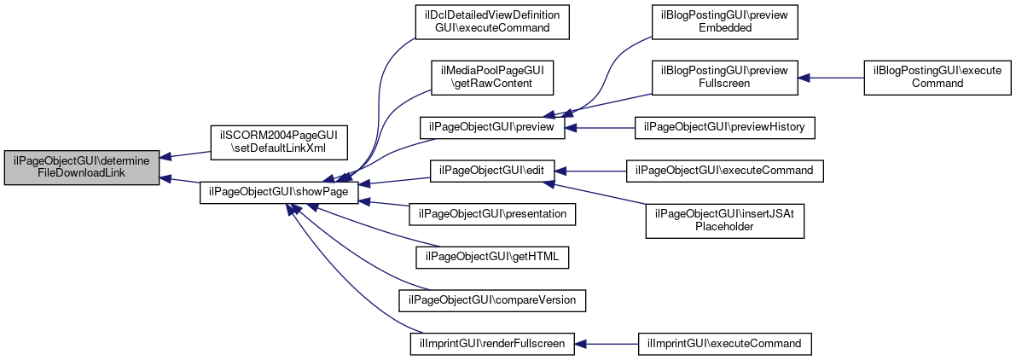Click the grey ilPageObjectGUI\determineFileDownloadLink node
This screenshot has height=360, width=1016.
[x=82, y=169]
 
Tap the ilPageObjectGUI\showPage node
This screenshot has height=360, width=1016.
[x=279, y=192]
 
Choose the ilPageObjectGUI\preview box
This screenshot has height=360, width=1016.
[x=492, y=128]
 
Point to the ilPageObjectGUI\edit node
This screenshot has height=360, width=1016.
[x=492, y=171]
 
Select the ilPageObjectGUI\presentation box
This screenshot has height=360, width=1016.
[x=492, y=213]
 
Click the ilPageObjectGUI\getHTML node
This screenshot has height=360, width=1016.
[x=492, y=258]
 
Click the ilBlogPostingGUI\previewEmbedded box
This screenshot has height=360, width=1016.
[x=725, y=23]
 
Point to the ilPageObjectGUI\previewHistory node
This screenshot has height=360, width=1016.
[x=725, y=128]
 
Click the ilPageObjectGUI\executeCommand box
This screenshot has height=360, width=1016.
[x=725, y=171]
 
